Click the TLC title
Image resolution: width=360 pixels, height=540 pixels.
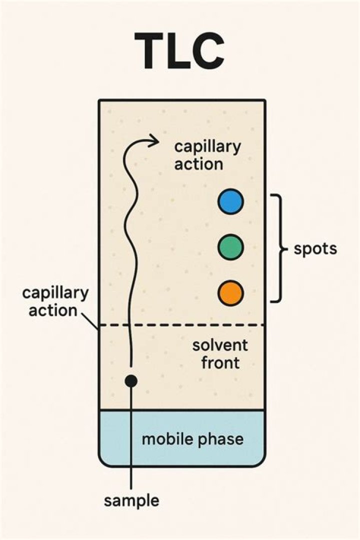(179, 51)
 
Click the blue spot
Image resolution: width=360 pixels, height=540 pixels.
(231, 201)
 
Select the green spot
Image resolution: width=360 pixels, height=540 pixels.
(231, 247)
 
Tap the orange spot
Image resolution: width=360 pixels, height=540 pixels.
(231, 293)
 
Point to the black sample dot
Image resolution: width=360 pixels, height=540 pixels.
(131, 381)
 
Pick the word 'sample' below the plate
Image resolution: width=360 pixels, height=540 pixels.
(131, 501)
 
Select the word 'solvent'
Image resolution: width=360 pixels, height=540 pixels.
(220, 345)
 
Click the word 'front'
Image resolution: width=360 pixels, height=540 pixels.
(220, 363)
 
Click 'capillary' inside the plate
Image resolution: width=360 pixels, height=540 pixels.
(207, 147)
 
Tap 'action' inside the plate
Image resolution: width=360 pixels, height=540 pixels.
(198, 164)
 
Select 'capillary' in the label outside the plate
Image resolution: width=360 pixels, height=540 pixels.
(55, 294)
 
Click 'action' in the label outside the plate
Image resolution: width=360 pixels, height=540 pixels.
(52, 310)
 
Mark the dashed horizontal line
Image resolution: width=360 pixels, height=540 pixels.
(182, 325)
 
